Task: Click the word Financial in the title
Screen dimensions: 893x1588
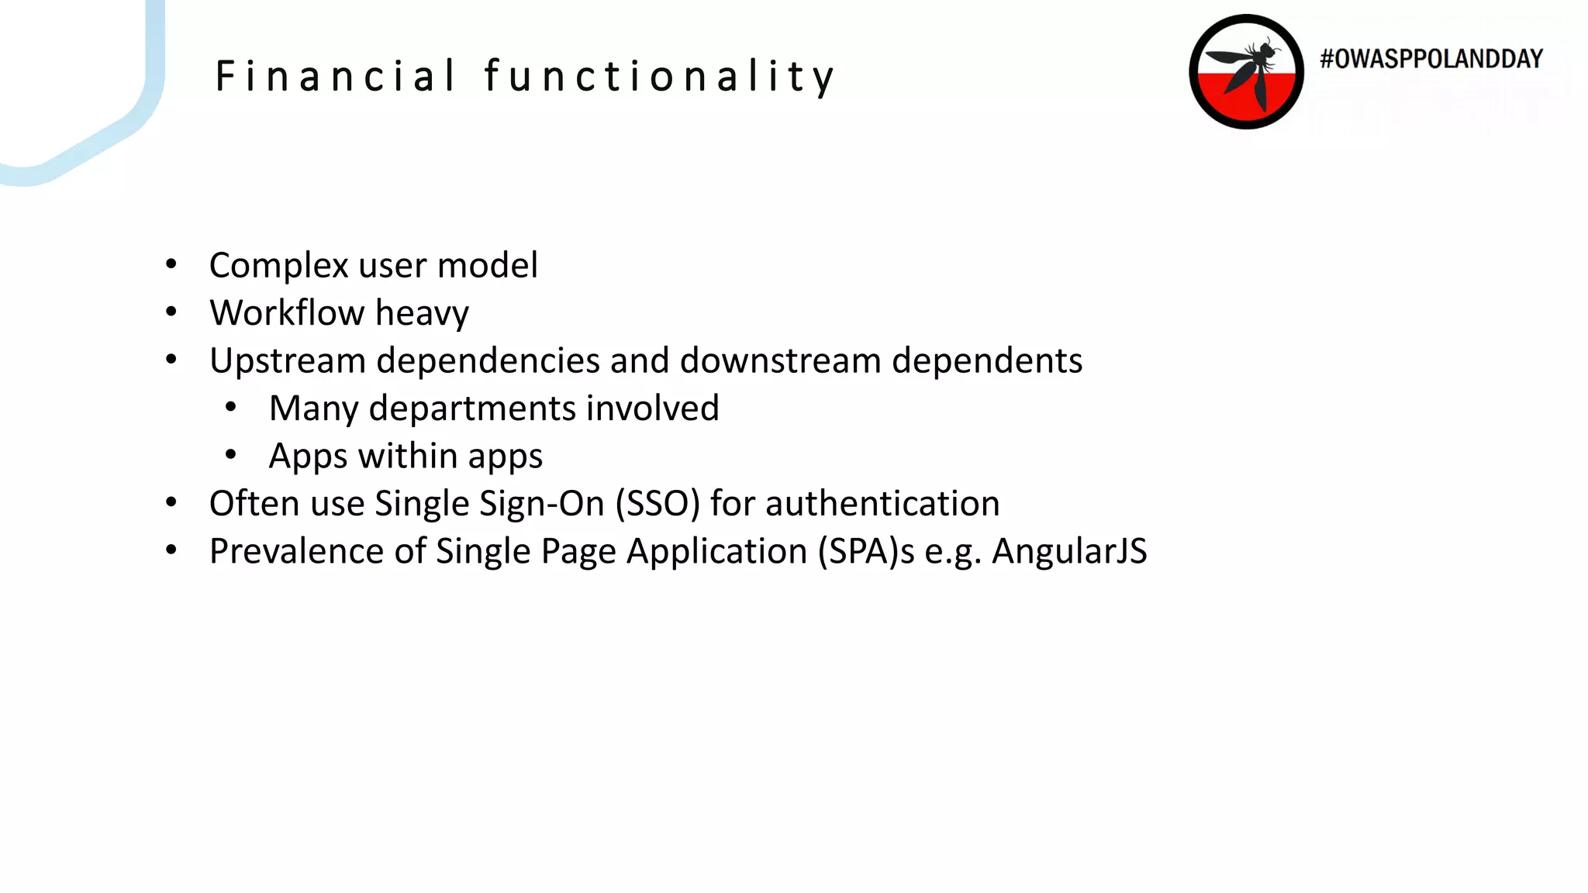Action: tap(335, 77)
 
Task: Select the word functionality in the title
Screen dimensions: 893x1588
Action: tap(659, 77)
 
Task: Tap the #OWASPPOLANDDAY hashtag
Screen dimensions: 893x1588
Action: tap(1431, 59)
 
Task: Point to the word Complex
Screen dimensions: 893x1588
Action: tap(279, 266)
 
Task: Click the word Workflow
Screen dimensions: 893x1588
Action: tap(287, 313)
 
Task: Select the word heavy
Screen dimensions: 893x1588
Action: tap(423, 314)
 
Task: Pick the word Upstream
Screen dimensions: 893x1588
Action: tap(288, 361)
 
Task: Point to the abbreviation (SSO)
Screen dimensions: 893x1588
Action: tap(658, 504)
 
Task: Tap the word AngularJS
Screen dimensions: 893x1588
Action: tap(1069, 551)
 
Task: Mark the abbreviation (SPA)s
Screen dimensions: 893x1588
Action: tap(866, 551)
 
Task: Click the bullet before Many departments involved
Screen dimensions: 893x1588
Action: tap(231, 408)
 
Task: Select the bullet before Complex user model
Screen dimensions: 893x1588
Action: tap(171, 265)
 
